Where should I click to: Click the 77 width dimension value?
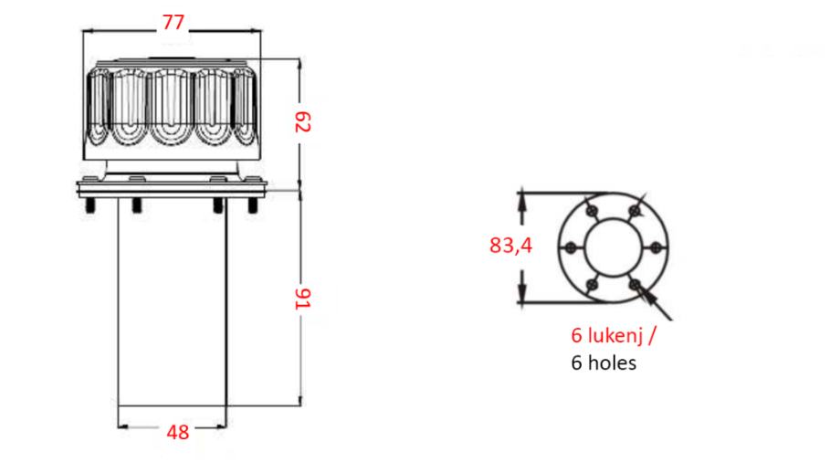coord(173,22)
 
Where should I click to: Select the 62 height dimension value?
coord(303,121)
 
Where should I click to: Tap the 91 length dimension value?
coord(303,299)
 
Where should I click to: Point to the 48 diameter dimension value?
coord(178,432)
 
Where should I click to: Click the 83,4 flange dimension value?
coord(510,246)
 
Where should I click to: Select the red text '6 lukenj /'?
coord(613,335)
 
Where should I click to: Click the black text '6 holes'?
coord(604,362)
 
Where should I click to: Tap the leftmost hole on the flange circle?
coord(571,247)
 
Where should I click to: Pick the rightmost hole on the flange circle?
coord(656,247)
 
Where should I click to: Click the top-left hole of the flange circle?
coord(592,211)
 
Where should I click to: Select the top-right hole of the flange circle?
coord(635,211)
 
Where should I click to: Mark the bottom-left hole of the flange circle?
coord(592,285)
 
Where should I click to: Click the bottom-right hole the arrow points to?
coord(635,285)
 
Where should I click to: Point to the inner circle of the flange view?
coord(584,247)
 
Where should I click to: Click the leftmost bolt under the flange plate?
coord(90,205)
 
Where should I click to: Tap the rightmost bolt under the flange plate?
coord(253,205)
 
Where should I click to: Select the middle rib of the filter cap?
coord(171,107)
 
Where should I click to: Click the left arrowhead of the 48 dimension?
coord(122,427)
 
